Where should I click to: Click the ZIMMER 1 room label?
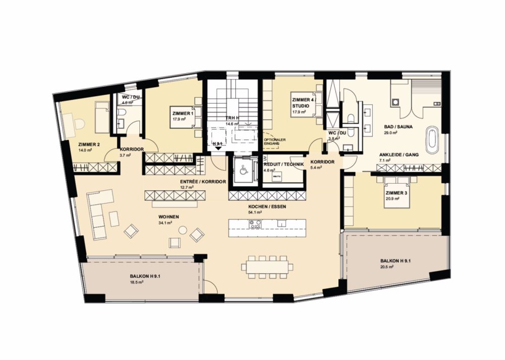182,113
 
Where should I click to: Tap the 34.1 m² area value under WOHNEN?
166,222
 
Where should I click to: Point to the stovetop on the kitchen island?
255,226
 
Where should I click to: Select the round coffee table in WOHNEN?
183,230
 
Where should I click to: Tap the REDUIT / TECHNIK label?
284,165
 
